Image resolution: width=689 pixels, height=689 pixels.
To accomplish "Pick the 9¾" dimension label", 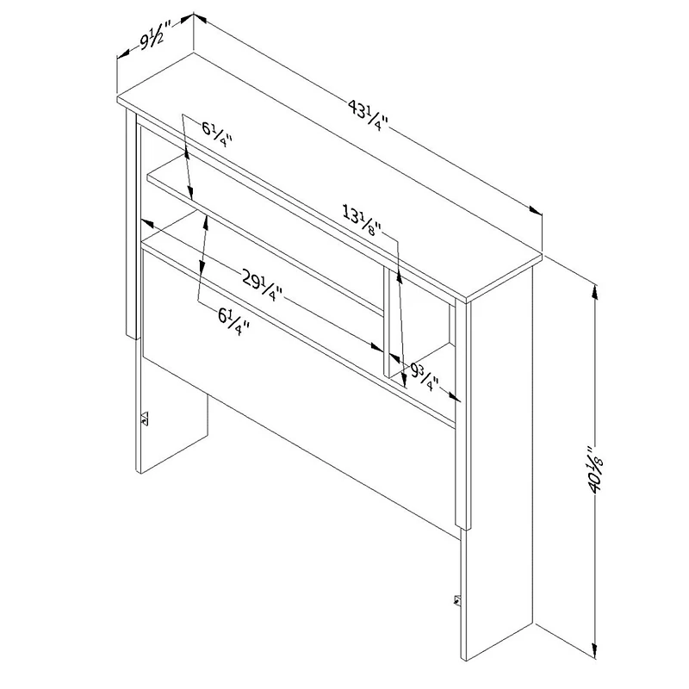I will point(425,376).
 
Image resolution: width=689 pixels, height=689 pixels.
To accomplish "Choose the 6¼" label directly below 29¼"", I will point(233,320).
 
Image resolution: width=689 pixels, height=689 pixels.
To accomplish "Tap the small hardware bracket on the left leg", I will point(145,419).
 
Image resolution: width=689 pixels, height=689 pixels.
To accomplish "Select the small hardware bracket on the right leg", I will point(456,599).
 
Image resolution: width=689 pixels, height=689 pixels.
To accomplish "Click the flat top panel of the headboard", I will point(327,172).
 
